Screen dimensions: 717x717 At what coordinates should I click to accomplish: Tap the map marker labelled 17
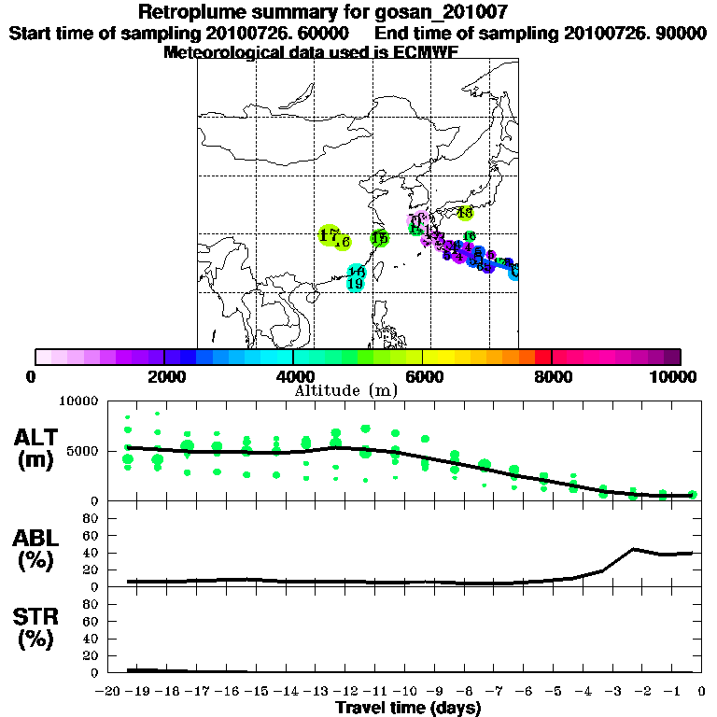[328, 235]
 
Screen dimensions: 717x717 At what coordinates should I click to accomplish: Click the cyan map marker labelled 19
[355, 283]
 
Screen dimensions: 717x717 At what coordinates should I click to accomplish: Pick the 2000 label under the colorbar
[164, 376]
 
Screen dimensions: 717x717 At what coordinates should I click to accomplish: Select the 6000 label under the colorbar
[423, 376]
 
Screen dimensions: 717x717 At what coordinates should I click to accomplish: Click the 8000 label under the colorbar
[552, 376]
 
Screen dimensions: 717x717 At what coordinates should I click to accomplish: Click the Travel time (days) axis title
[408, 708]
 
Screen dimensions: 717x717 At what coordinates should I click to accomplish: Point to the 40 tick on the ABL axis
[91, 553]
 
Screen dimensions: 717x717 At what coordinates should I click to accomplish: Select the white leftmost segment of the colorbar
[43, 357]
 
